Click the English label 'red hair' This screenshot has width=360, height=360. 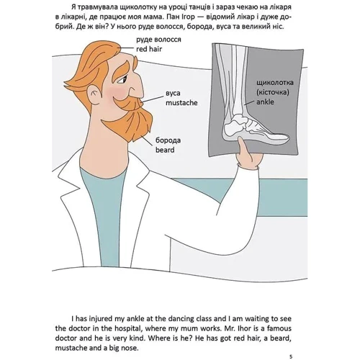(x=149, y=49)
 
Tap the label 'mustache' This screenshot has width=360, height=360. (x=181, y=103)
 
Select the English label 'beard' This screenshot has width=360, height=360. (x=165, y=150)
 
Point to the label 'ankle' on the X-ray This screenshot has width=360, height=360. (x=265, y=102)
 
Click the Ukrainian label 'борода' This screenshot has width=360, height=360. (x=168, y=140)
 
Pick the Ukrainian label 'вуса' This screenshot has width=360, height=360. (x=173, y=93)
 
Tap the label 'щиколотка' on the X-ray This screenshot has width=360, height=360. (x=275, y=83)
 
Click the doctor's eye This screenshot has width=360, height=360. (x=122, y=80)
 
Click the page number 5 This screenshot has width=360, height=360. (x=291, y=356)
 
